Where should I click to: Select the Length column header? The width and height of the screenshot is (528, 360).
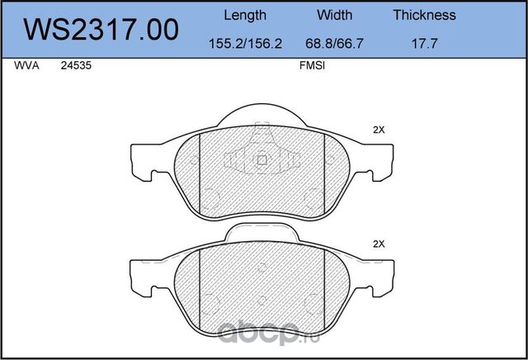tap(245, 15)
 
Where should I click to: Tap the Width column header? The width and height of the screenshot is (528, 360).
tap(334, 15)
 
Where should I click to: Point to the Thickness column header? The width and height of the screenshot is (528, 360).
tap(424, 15)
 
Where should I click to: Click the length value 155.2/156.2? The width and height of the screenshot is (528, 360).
tap(245, 42)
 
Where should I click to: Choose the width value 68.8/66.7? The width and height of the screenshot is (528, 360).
tap(334, 42)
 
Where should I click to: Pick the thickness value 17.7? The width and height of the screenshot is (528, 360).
tap(424, 42)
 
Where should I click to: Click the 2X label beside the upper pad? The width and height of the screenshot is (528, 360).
tap(379, 130)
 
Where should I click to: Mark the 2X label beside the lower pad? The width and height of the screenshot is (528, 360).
tap(379, 244)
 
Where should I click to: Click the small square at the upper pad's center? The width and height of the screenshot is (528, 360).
tap(262, 160)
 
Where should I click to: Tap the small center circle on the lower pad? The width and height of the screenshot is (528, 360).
tap(262, 267)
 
